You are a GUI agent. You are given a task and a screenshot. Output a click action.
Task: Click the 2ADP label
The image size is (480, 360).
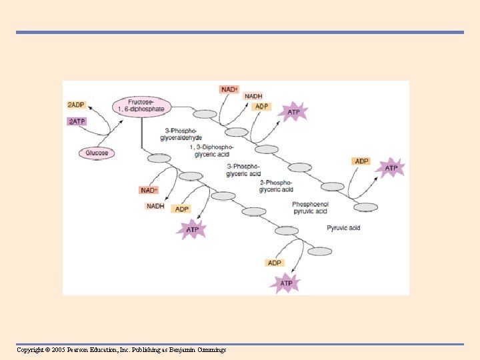pyautogui.click(x=76, y=105)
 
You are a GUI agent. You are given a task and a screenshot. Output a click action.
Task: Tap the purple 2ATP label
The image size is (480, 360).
pyautogui.click(x=77, y=121)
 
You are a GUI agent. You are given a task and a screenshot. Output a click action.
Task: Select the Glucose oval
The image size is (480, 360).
pyautogui.click(x=97, y=153)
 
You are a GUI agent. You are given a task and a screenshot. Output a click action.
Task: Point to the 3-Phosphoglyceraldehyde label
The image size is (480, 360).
pyautogui.click(x=181, y=134)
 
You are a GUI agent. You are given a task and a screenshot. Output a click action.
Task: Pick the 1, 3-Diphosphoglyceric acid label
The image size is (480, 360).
pyautogui.click(x=212, y=151)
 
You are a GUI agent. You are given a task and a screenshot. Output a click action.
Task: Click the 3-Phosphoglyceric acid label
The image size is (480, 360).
pyautogui.click(x=243, y=170)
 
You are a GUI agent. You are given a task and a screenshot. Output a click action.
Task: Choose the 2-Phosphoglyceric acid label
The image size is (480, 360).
pyautogui.click(x=275, y=186)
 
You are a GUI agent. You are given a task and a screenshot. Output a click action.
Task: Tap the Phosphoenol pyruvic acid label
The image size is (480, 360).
pyautogui.click(x=309, y=207)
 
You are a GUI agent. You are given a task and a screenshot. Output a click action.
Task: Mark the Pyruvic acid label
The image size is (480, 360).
pyautogui.click(x=343, y=228)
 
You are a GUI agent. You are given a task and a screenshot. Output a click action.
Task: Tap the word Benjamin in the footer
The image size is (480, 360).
pyautogui.click(x=189, y=350)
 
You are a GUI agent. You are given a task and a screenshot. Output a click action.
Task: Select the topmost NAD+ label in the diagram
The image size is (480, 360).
pyautogui.click(x=229, y=89)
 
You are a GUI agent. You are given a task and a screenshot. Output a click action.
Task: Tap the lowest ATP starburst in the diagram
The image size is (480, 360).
pyautogui.click(x=286, y=284)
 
